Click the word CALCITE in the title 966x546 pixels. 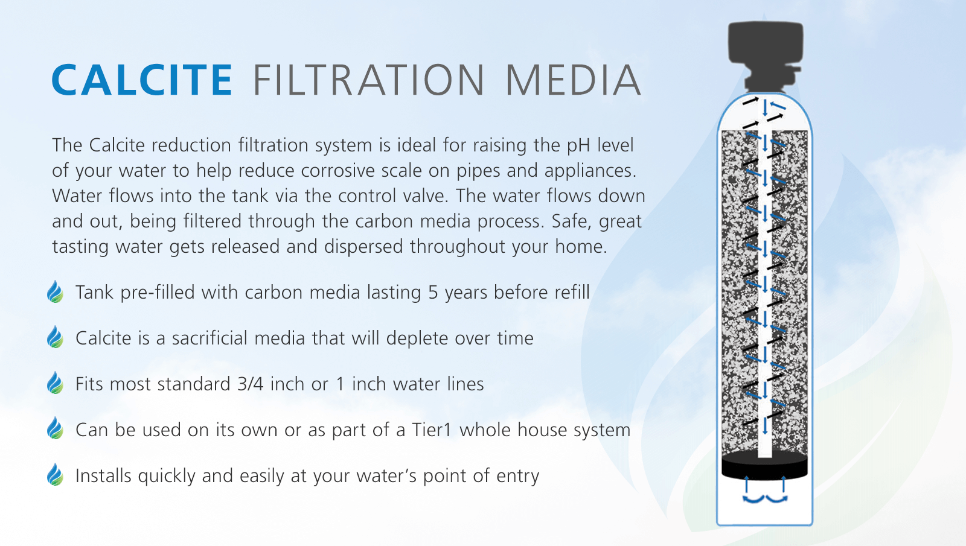[x=142, y=80]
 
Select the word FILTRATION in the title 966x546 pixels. [x=368, y=80]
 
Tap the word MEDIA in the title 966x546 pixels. [x=572, y=80]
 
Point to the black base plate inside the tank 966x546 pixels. [x=765, y=466]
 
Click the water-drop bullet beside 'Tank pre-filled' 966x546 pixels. [x=55, y=292]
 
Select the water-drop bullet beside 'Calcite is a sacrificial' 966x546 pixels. [x=55, y=338]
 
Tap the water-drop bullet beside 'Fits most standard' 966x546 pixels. [x=55, y=384]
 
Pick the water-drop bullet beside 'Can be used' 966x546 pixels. [x=55, y=430]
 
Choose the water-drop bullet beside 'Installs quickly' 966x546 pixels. [x=55, y=475]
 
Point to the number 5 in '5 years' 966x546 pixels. [x=433, y=293]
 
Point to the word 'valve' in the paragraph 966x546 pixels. [x=429, y=197]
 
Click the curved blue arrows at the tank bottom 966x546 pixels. [x=765, y=498]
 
